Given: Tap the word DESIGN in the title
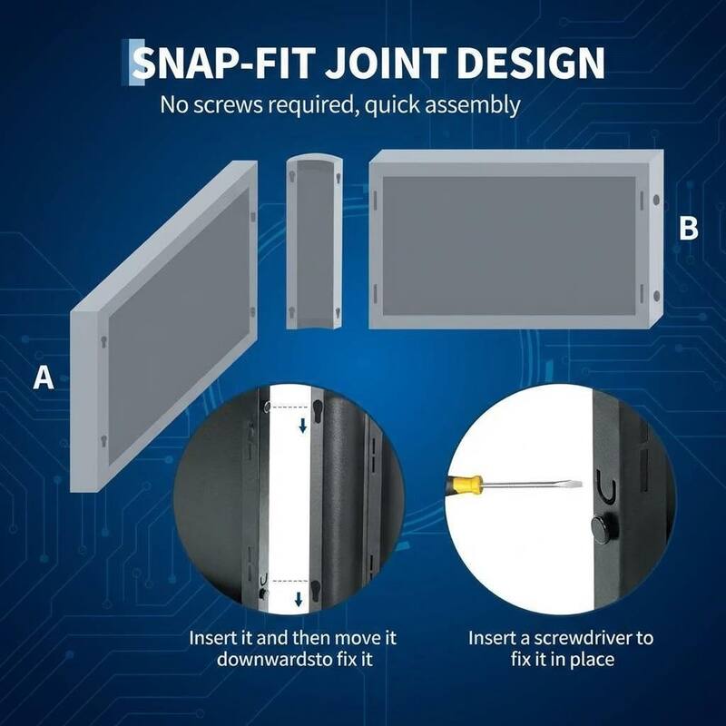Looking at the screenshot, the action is click(x=531, y=63).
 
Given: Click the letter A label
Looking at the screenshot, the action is click(x=44, y=378).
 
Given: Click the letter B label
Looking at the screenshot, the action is click(x=689, y=229).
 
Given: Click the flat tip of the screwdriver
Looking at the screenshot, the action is click(x=575, y=485).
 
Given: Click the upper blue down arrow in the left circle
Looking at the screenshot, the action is click(x=303, y=425).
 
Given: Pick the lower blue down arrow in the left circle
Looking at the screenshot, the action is click(x=299, y=599).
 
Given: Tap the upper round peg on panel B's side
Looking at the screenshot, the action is click(x=656, y=200).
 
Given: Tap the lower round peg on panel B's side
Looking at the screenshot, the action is click(x=656, y=296).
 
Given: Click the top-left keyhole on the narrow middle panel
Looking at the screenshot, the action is click(x=292, y=176).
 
